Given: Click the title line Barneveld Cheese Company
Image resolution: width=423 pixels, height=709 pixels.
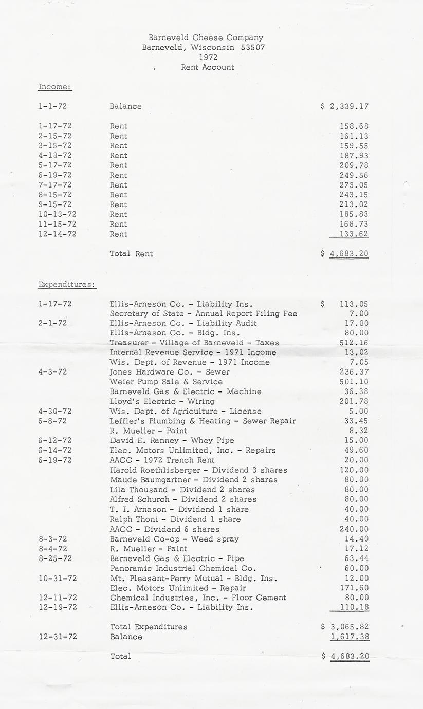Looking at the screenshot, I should click(x=206, y=38).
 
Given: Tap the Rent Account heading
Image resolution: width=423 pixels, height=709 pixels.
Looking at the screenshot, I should click(x=207, y=67).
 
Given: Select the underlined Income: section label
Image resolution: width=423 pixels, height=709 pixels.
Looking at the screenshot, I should click(x=55, y=87).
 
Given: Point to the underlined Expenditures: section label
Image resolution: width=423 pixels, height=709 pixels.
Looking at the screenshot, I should click(x=67, y=284).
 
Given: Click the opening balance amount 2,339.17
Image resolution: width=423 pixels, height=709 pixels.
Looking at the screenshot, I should click(x=349, y=107).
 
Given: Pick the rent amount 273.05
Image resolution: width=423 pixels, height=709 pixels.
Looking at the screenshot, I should click(x=354, y=185).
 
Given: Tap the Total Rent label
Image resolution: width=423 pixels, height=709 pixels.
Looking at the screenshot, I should click(x=131, y=254).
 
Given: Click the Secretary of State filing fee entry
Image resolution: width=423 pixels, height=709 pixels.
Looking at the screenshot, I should click(x=203, y=314).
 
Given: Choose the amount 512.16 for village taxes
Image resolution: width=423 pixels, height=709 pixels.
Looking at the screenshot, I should click(x=354, y=343).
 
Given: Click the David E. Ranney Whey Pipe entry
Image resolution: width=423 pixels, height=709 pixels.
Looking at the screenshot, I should click(x=172, y=440).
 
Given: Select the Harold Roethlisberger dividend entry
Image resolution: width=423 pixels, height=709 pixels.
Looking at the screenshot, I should click(x=198, y=470).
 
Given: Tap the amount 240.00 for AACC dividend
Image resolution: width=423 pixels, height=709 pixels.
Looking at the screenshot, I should click(x=354, y=529).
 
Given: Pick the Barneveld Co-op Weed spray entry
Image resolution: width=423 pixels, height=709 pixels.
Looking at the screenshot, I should click(x=174, y=539).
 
